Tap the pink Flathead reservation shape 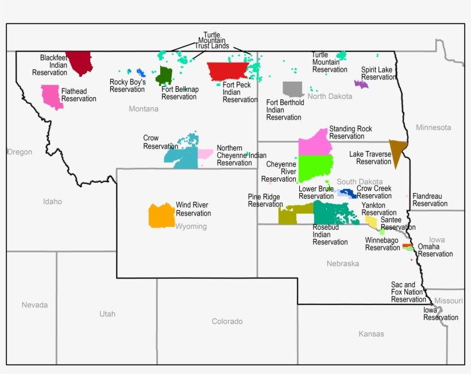coord(51,96)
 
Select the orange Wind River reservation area coord(161,215)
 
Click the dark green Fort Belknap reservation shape coord(165,75)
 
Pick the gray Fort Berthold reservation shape coord(292,89)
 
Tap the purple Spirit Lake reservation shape coord(361,84)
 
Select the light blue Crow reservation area coord(183,156)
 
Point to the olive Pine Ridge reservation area coord(289,215)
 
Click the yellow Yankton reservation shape coord(372,221)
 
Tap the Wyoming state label coord(191,226)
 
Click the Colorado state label coord(227,321)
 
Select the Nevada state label coord(34,304)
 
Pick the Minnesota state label coord(434,127)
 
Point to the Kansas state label coord(371,334)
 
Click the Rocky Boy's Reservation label coord(128,86)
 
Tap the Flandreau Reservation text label coord(430,200)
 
